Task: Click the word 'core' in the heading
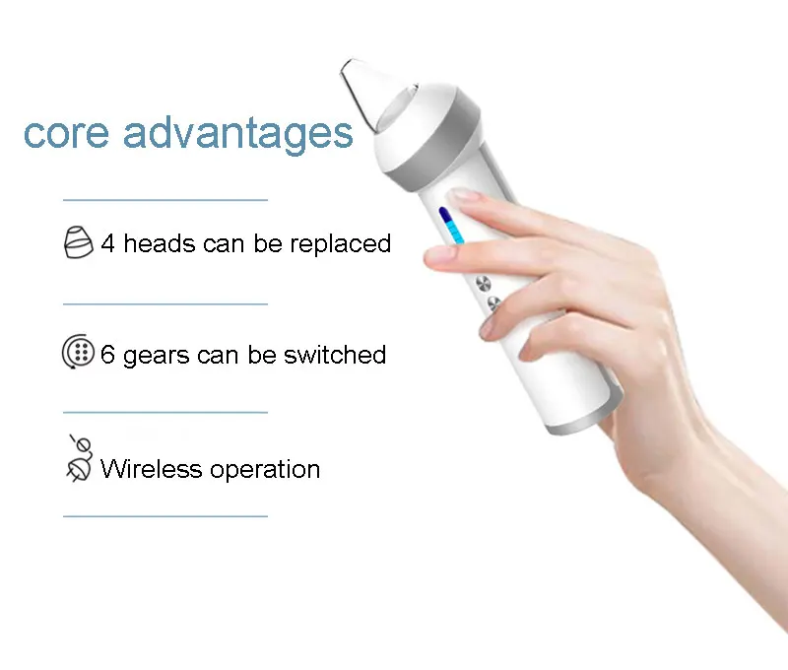(66, 134)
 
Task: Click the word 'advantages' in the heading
(238, 133)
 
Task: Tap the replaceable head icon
(79, 242)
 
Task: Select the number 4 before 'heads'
(108, 243)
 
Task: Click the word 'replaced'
(340, 244)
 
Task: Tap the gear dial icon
(78, 352)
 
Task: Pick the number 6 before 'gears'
(107, 355)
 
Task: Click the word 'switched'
(335, 355)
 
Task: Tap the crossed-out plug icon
(80, 459)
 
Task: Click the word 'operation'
(265, 470)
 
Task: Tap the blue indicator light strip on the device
(451, 226)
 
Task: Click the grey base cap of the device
(583, 421)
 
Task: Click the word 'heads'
(160, 243)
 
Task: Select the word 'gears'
(157, 357)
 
